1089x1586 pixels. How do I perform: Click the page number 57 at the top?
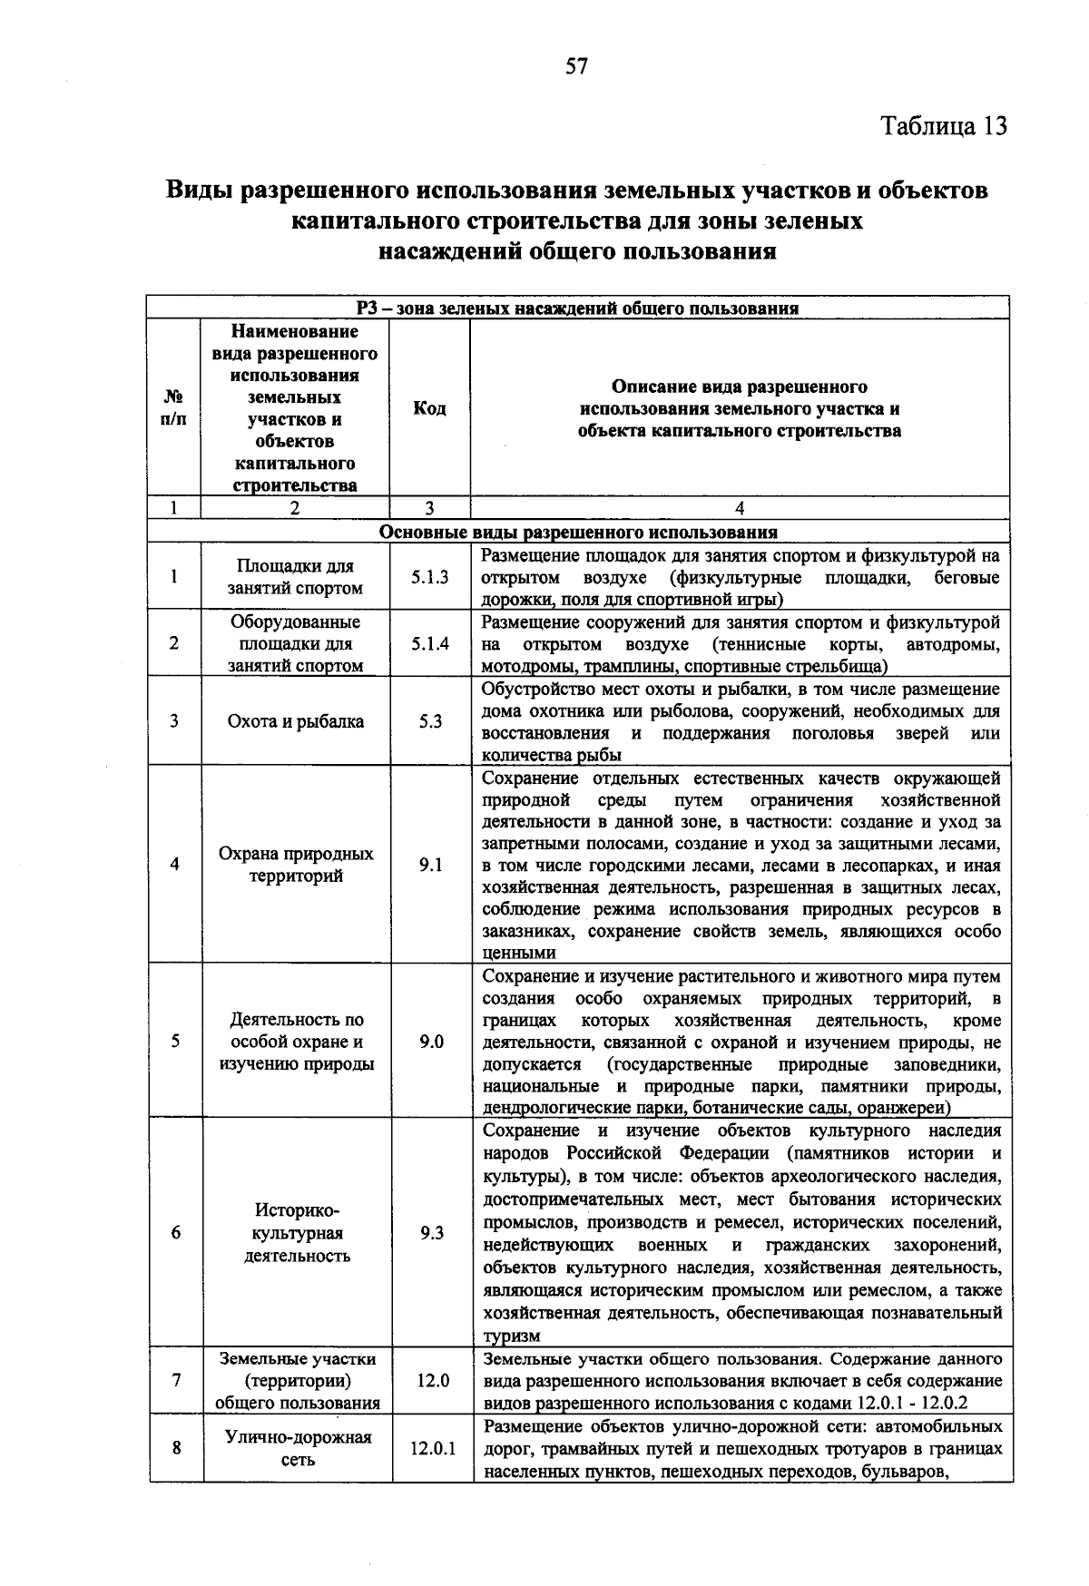(577, 66)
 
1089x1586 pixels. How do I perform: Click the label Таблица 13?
(944, 125)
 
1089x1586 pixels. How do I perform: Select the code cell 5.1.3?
(429, 577)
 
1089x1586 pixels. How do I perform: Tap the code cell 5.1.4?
(429, 644)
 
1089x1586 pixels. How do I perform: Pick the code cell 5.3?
(430, 722)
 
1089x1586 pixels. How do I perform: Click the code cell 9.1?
(430, 866)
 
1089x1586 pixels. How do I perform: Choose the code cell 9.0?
(431, 1042)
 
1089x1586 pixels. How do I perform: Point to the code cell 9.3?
(432, 1234)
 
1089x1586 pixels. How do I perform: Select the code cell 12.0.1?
(432, 1449)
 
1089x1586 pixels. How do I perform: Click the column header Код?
(429, 409)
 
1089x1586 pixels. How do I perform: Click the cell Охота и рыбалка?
(296, 722)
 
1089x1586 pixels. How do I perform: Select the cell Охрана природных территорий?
(296, 866)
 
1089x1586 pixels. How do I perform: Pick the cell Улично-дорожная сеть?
(298, 1449)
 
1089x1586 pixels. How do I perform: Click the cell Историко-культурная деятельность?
(297, 1234)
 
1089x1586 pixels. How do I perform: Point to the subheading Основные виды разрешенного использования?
(578, 532)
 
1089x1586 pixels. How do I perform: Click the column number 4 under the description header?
(740, 509)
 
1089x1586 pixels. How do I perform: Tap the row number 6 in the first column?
(176, 1234)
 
